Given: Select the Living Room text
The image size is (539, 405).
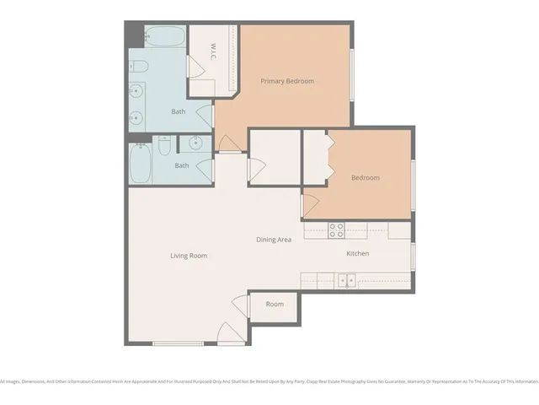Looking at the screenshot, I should click(x=188, y=256).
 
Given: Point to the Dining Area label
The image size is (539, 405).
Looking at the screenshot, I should click(x=274, y=240).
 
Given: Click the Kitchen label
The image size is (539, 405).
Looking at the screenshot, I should click(x=358, y=253).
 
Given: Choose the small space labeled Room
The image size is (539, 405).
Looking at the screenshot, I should click(x=275, y=305).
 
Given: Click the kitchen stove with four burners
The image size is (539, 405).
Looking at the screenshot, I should click(x=336, y=229).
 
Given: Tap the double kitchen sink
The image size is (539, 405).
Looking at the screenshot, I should click(x=346, y=279).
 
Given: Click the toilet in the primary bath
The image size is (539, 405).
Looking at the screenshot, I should click(x=138, y=67).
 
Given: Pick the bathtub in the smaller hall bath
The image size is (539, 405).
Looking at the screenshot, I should click(x=141, y=164).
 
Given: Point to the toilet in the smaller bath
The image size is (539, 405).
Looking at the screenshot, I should click(x=164, y=147).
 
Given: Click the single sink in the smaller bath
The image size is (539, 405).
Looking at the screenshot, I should click(x=196, y=143).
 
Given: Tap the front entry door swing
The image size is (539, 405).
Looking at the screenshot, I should click(x=230, y=334).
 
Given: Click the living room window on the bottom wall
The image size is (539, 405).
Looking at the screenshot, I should click(x=178, y=343).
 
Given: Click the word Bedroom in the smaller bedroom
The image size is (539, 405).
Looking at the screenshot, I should click(x=365, y=178).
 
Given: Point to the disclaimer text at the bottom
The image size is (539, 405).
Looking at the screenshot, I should click(x=269, y=381).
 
